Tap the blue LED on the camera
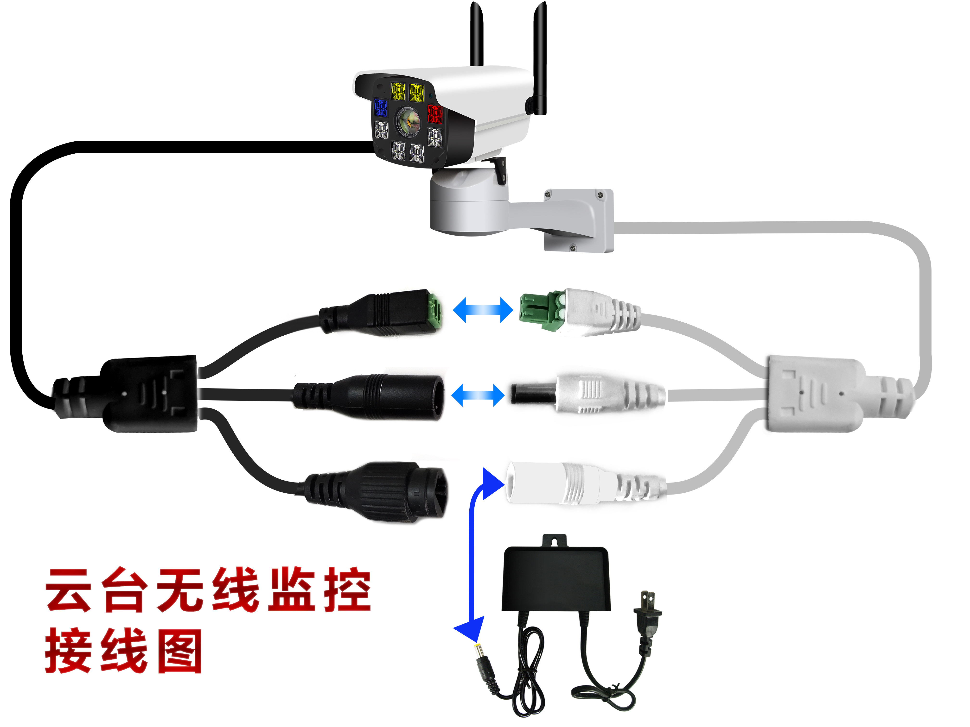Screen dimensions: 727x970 pyautogui.click(x=380, y=108)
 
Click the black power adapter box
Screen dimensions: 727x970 pyautogui.click(x=555, y=578)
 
